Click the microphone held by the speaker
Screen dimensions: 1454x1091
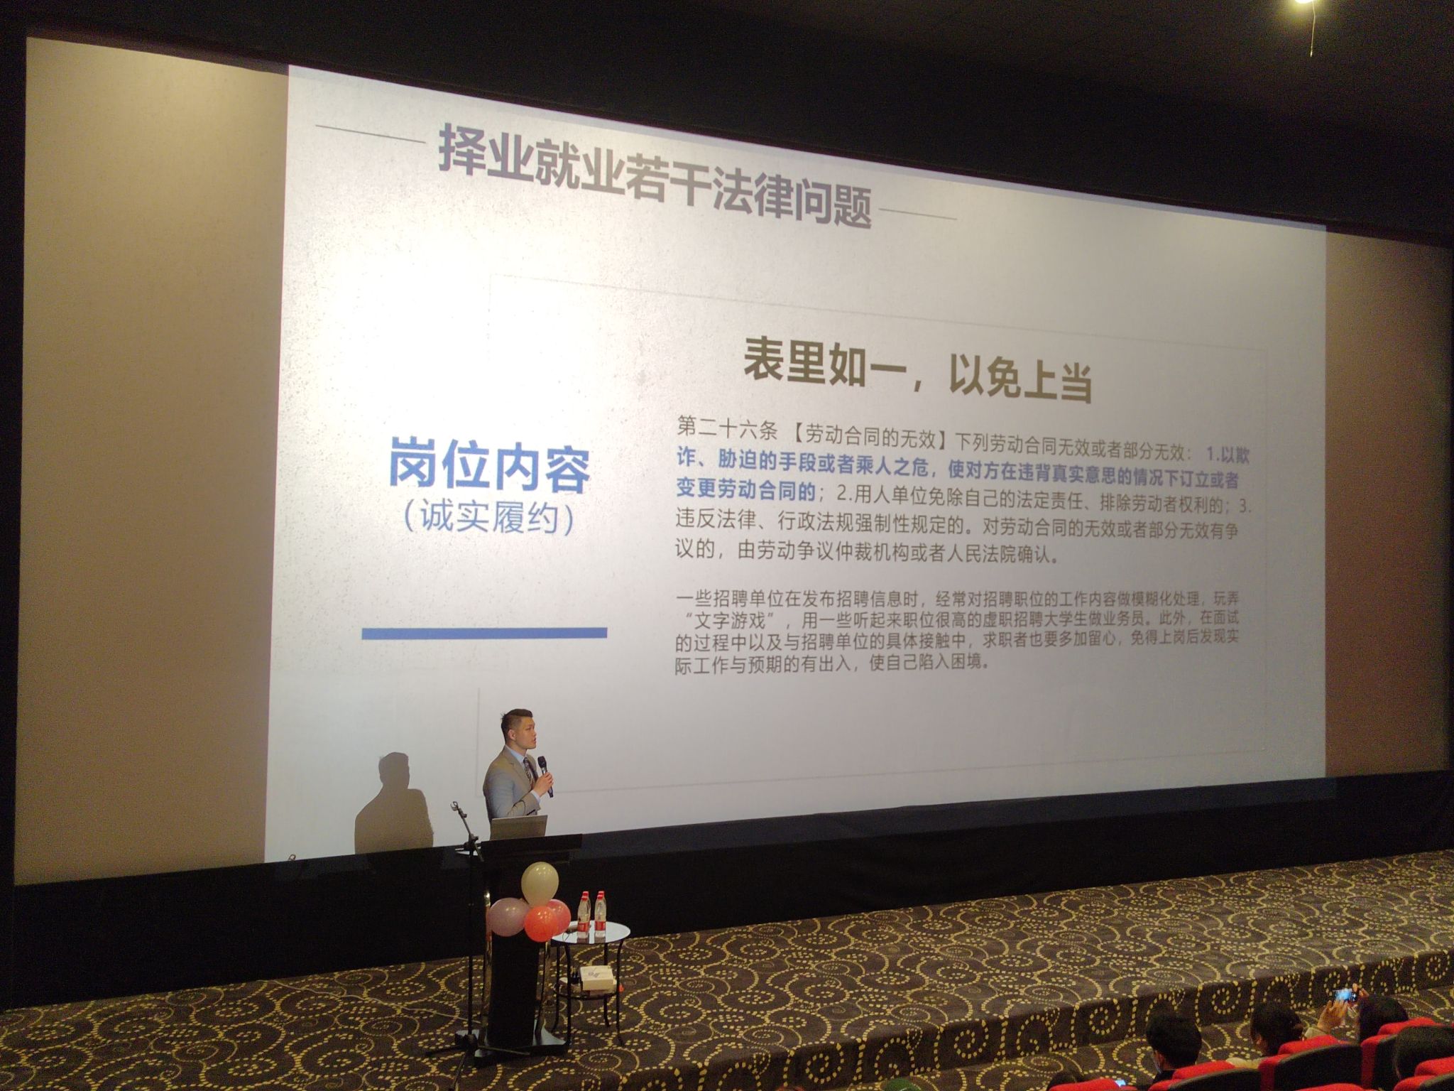pos(545,776)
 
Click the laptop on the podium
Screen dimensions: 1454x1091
pos(520,827)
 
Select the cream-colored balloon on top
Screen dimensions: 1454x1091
pos(540,883)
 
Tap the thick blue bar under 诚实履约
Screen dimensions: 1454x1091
pos(484,632)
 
